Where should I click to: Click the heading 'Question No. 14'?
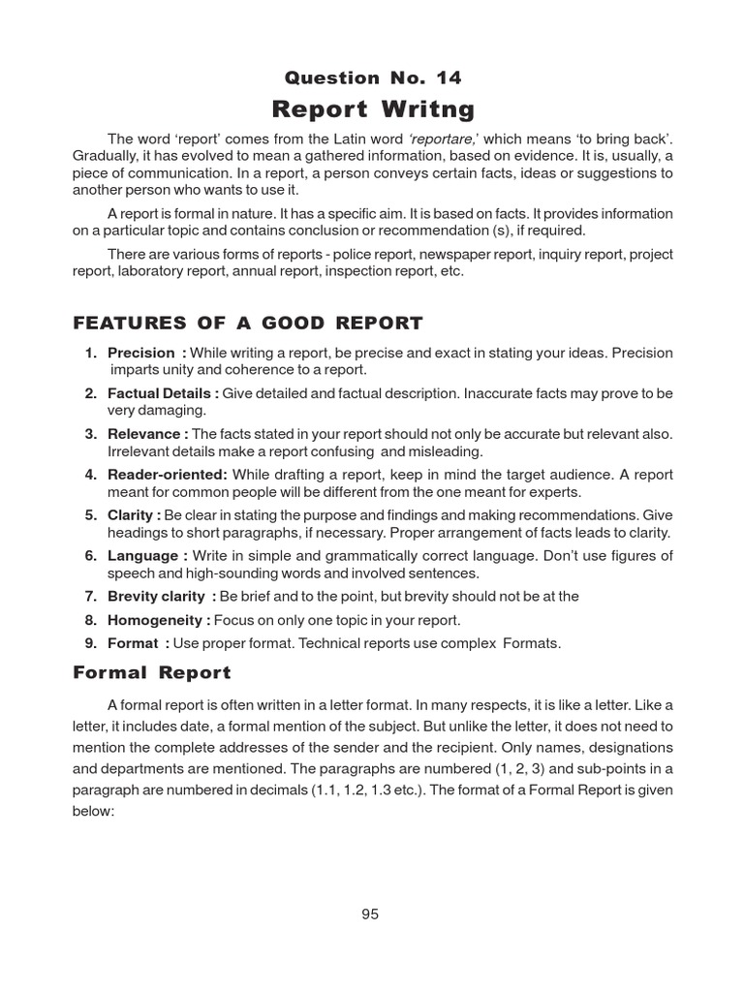pyautogui.click(x=372, y=77)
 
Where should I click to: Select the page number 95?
pyautogui.click(x=370, y=914)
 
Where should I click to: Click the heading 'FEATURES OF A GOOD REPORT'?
pyautogui.click(x=248, y=323)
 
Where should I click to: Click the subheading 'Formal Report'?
pyautogui.click(x=152, y=671)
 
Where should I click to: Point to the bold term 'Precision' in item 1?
pyautogui.click(x=141, y=354)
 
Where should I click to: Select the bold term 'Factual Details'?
pyautogui.click(x=160, y=394)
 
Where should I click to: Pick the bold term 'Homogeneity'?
pyautogui.click(x=155, y=620)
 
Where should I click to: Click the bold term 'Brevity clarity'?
pyautogui.click(x=157, y=597)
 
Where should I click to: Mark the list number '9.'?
pyautogui.click(x=90, y=643)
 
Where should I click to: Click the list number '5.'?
pyautogui.click(x=90, y=515)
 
